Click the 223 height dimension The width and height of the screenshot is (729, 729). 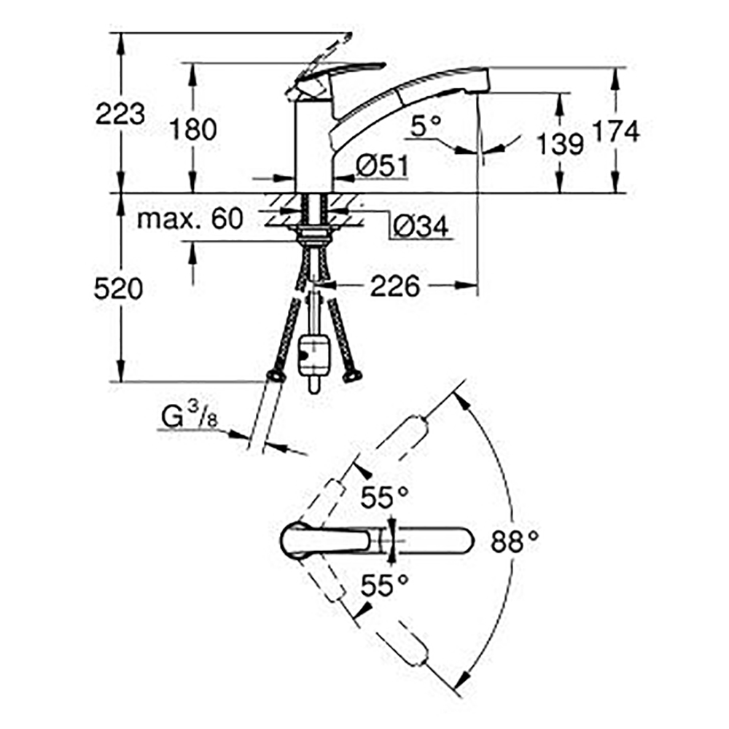pos(120,114)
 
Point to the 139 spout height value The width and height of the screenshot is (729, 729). pos(560,144)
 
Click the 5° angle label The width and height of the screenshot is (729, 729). pos(426,125)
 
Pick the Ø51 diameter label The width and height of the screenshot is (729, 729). pos(382,166)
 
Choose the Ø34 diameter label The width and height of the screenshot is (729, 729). pos(421,227)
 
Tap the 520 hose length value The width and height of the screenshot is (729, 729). pos(118,289)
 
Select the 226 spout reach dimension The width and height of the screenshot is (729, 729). pos(394,286)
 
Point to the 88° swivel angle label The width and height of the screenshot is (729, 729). pos(515,541)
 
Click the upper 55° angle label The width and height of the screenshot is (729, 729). pos(384,498)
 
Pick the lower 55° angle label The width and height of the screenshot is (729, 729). pos(384,585)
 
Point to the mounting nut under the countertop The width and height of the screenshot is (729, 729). pos(313,234)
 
